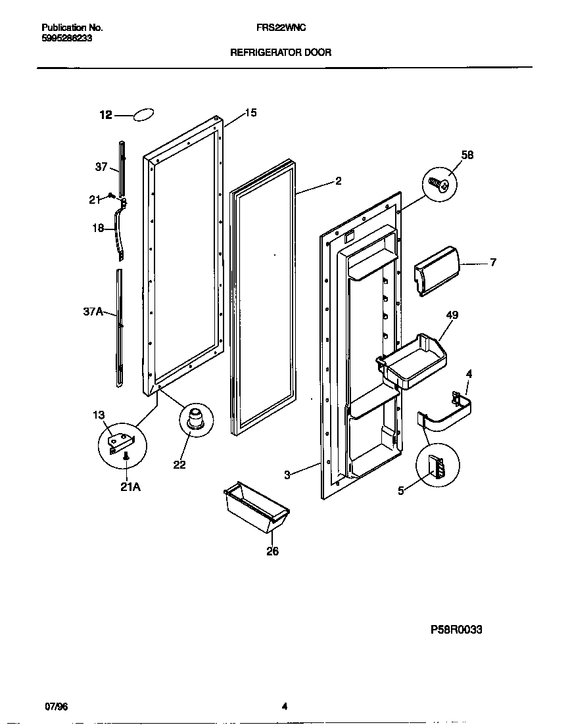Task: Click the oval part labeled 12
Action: click(145, 115)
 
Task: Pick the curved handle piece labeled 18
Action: click(119, 231)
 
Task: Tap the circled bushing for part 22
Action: click(195, 419)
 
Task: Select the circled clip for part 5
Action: click(437, 469)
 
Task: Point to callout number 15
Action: click(250, 113)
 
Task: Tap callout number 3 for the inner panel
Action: click(287, 475)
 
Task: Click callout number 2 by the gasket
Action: click(338, 181)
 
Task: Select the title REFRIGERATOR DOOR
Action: click(280, 51)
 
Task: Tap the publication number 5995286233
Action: click(66, 39)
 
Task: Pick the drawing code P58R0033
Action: click(456, 629)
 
